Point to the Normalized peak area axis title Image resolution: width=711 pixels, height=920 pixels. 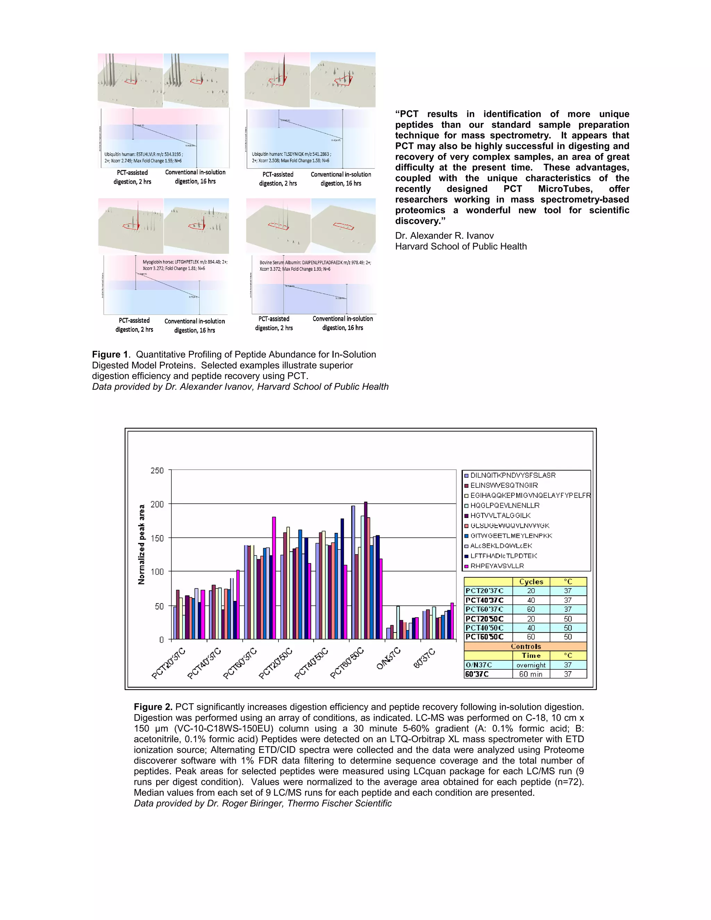tap(142, 544)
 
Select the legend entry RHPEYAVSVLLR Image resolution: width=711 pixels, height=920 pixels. tap(497, 566)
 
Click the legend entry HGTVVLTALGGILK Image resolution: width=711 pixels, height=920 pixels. tap(500, 515)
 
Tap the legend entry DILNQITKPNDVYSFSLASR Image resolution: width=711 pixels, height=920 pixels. tap(513, 475)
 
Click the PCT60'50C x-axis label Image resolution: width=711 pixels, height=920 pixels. tap(347, 663)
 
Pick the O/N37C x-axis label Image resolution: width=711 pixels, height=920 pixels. tap(388, 659)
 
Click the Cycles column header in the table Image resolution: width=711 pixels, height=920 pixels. tap(531, 582)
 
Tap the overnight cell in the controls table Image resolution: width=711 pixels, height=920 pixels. tap(531, 665)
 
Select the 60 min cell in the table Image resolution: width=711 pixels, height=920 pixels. tap(531, 674)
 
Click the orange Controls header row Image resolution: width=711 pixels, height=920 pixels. tap(525, 646)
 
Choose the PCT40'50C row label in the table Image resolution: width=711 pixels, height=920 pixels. tap(484, 628)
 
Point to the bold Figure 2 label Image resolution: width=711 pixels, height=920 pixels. tap(153, 707)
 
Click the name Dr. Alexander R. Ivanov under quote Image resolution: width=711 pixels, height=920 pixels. tap(444, 236)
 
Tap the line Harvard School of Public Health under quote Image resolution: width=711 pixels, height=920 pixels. tap(461, 246)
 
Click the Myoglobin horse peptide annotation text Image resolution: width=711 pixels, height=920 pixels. tap(184, 265)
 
